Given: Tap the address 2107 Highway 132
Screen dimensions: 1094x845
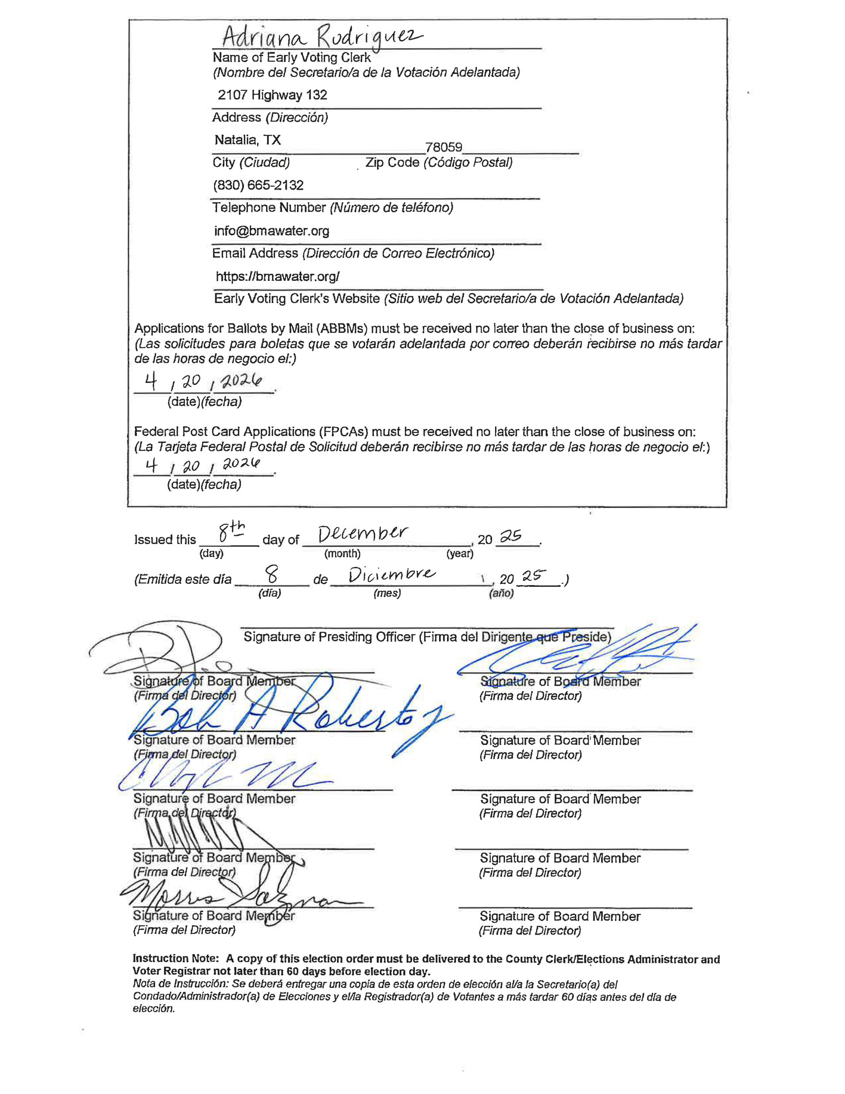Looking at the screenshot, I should [272, 95].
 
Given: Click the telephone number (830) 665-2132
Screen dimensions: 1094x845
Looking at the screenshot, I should [258, 185].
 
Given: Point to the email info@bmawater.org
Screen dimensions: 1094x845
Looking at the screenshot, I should [271, 231].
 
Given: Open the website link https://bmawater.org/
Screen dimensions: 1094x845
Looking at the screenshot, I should [278, 276].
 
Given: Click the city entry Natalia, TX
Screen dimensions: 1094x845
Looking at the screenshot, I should [247, 140].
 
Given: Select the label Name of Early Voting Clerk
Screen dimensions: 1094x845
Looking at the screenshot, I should [291, 58].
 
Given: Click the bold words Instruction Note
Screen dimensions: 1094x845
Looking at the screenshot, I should [175, 959].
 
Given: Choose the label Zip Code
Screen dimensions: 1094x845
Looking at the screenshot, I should [392, 162].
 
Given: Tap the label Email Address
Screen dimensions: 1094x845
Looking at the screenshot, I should [255, 253].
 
